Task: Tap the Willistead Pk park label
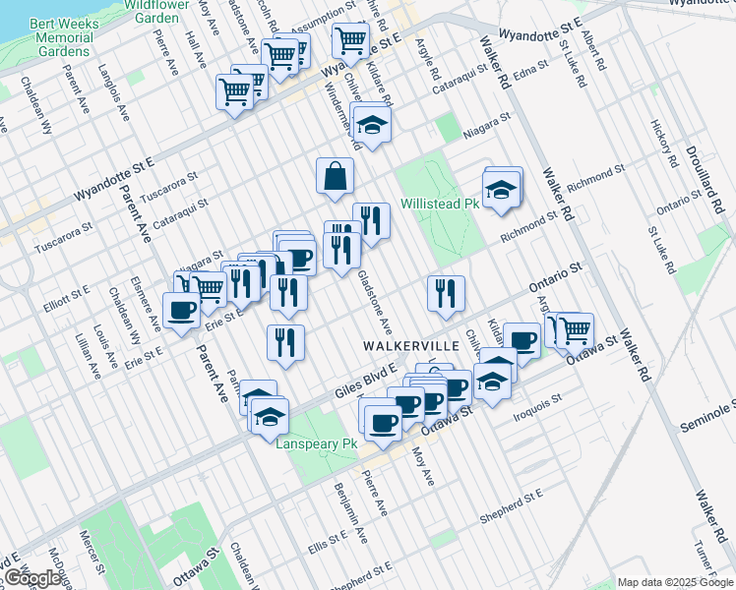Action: coord(439,205)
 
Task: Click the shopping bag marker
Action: coord(336,176)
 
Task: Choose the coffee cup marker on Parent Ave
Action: coord(181,311)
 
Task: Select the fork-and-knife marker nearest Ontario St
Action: coord(446,292)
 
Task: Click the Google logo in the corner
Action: coord(31,578)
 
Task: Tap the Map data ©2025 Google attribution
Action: coord(675,582)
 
